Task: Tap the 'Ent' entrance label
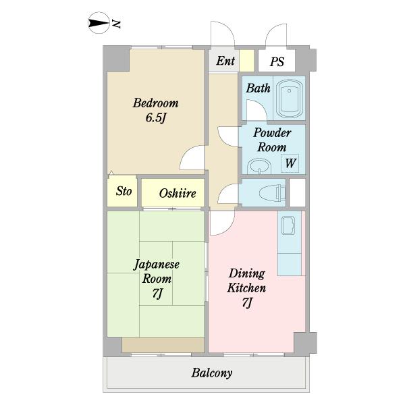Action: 225,61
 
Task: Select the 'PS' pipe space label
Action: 277,62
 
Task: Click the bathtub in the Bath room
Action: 291,99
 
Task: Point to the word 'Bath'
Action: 258,88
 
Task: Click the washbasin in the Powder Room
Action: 257,165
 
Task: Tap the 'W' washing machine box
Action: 290,163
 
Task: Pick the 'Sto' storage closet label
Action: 124,191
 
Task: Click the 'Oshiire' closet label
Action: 178,194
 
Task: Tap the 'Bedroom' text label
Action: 155,103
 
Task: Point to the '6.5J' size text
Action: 155,118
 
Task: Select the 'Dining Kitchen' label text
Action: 247,281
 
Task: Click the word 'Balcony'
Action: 211,373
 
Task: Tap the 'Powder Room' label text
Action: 271,140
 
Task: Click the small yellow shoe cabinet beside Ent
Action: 246,61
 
